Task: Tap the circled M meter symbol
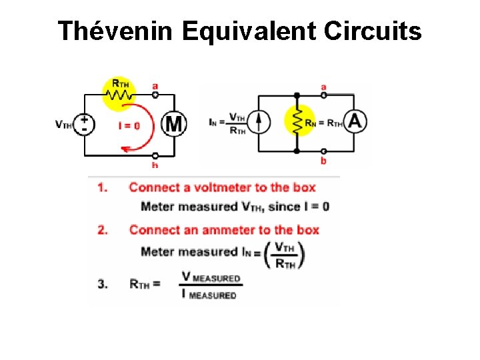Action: [x=174, y=123]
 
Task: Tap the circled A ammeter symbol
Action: [x=355, y=121]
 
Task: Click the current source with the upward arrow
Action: [x=261, y=121]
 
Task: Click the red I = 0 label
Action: [x=129, y=125]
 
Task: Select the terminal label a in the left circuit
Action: [x=155, y=85]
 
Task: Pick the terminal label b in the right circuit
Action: [x=323, y=161]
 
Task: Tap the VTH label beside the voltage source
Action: [x=64, y=124]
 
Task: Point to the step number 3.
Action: [x=102, y=284]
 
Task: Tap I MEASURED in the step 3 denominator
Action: [x=210, y=294]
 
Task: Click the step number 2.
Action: [x=102, y=230]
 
